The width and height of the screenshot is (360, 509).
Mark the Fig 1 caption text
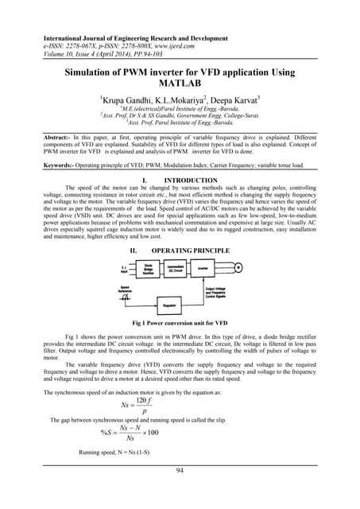180,347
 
